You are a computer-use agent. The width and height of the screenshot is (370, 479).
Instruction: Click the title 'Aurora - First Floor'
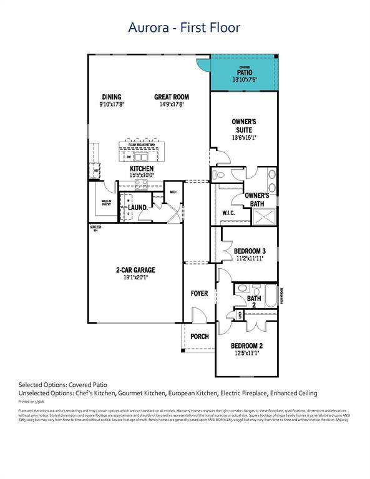coord(184,27)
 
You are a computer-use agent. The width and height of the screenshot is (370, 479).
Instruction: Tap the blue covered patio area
coord(244,74)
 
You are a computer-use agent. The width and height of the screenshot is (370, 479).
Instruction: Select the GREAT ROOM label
coord(172,97)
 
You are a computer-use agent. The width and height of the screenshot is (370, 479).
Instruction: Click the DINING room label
coord(112,97)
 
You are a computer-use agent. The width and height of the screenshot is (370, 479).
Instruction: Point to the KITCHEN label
coord(142,169)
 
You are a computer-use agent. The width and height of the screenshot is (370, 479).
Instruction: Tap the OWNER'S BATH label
coord(256,199)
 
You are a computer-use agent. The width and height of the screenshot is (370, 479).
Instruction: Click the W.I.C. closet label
coord(228,213)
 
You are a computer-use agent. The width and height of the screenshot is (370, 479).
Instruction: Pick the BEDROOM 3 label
coord(250,251)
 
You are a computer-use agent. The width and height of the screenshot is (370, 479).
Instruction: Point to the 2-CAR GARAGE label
coord(135,270)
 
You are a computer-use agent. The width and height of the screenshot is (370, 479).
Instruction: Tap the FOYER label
coord(199,293)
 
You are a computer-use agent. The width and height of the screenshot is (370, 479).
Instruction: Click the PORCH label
coord(199,337)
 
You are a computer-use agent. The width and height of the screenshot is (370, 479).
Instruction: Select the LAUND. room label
coord(138,207)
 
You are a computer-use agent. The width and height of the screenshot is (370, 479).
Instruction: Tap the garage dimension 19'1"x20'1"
coord(135,278)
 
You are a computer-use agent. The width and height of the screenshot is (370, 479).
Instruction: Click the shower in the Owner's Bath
coord(263,216)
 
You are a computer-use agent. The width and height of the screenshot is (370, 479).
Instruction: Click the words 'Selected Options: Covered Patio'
coord(64,385)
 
